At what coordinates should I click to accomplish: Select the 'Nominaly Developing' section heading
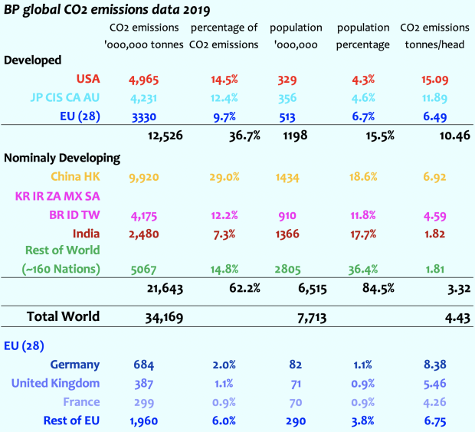point(63,158)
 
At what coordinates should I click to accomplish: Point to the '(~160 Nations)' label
point(61,268)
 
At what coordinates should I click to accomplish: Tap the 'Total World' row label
point(63,316)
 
